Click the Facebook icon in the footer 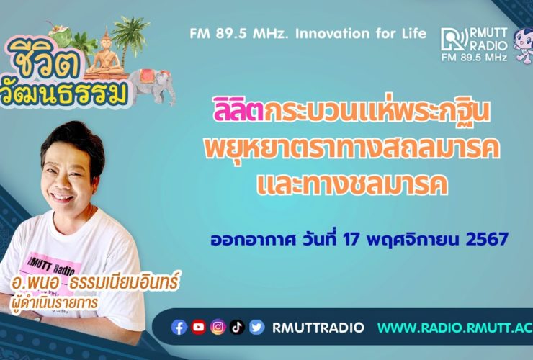(x=179, y=328)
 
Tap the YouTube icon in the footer (x=199, y=328)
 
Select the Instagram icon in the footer (x=218, y=328)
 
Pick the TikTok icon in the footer (x=237, y=328)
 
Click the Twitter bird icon (x=256, y=328)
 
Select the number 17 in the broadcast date (x=351, y=239)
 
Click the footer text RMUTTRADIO (x=318, y=328)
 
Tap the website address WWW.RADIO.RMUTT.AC (x=455, y=328)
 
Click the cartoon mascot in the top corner (x=524, y=45)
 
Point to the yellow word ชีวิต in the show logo (x=42, y=61)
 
